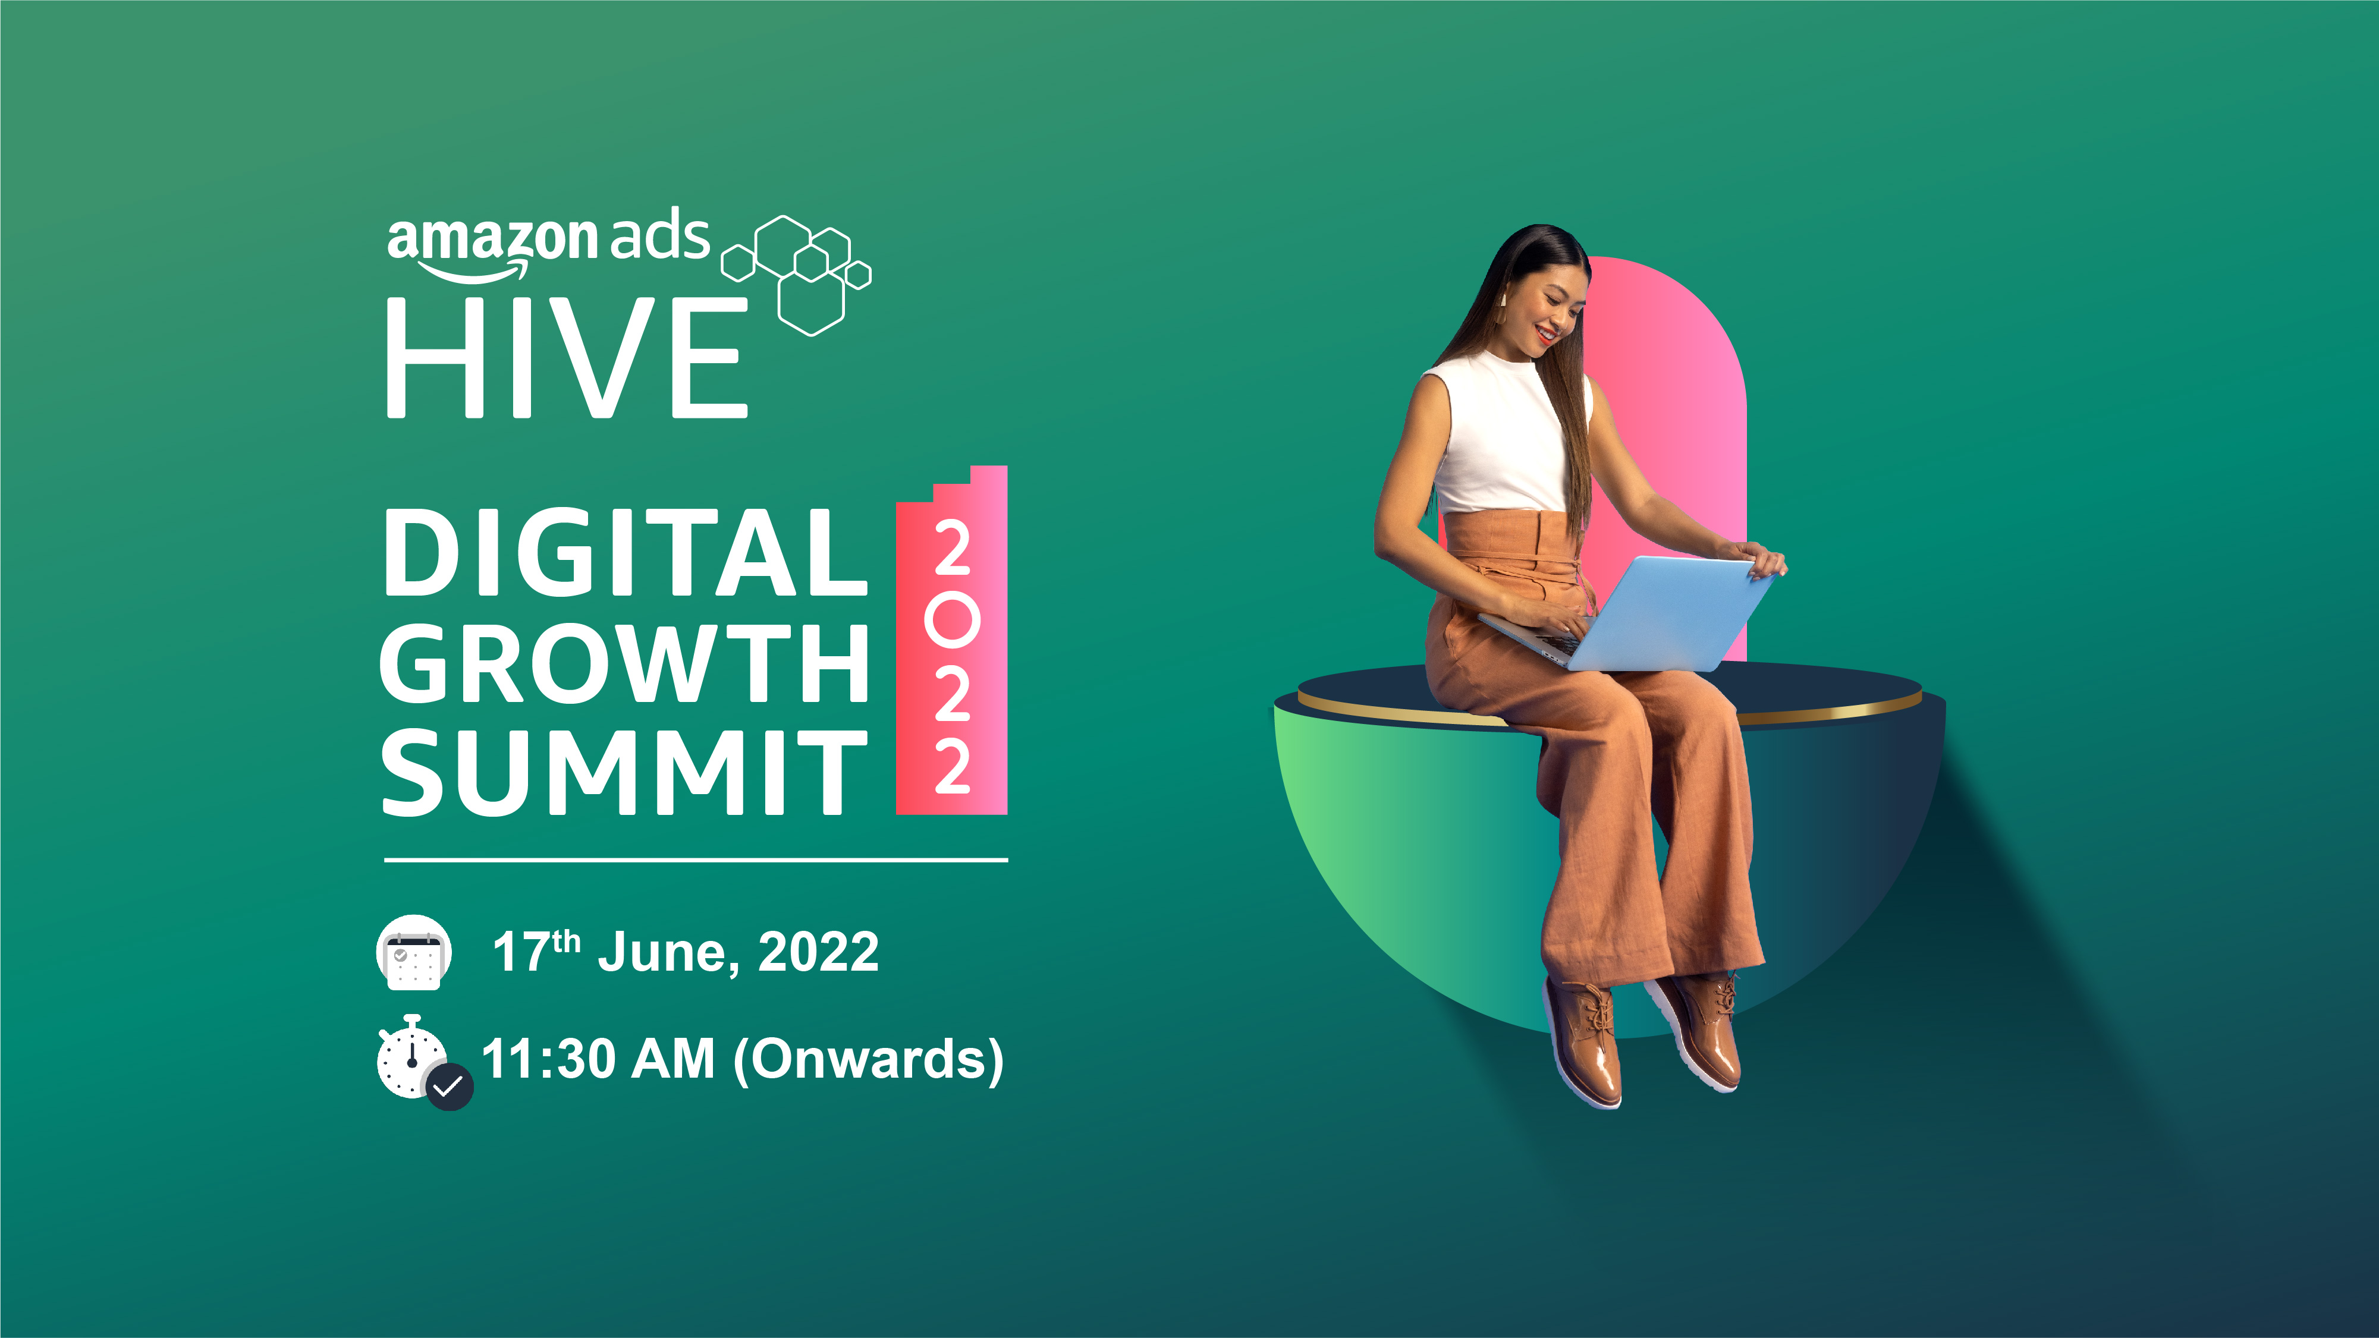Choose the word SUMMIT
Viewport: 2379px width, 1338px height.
tap(624, 771)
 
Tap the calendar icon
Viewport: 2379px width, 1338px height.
tap(414, 952)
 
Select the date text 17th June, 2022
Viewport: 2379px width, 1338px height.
tap(685, 951)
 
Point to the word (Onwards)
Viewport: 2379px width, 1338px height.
tap(868, 1060)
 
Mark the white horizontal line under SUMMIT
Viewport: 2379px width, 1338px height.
tap(696, 860)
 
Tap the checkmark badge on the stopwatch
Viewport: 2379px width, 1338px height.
tap(449, 1087)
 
